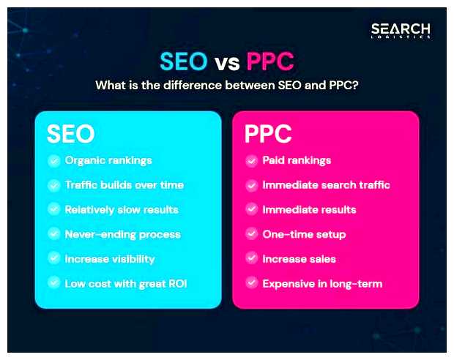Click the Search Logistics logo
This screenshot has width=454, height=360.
pyautogui.click(x=400, y=30)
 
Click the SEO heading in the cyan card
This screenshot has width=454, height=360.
pyautogui.click(x=70, y=134)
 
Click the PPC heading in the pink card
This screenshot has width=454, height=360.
pyautogui.click(x=268, y=134)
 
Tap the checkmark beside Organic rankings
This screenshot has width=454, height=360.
pyautogui.click(x=53, y=161)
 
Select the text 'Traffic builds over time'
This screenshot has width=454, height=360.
pyautogui.click(x=124, y=185)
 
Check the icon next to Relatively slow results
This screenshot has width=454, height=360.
pyautogui.click(x=53, y=209)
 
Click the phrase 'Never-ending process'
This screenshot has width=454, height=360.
pyautogui.click(x=122, y=234)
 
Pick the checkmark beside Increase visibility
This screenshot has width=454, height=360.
pyautogui.click(x=53, y=258)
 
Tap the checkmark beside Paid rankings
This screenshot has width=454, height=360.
pyautogui.click(x=251, y=161)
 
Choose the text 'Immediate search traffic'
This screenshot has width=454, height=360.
pyautogui.click(x=326, y=185)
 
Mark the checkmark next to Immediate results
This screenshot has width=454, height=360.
pyautogui.click(x=251, y=209)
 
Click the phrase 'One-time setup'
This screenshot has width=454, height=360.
pyautogui.click(x=304, y=234)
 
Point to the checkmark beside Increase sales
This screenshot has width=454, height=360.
pyautogui.click(x=251, y=258)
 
